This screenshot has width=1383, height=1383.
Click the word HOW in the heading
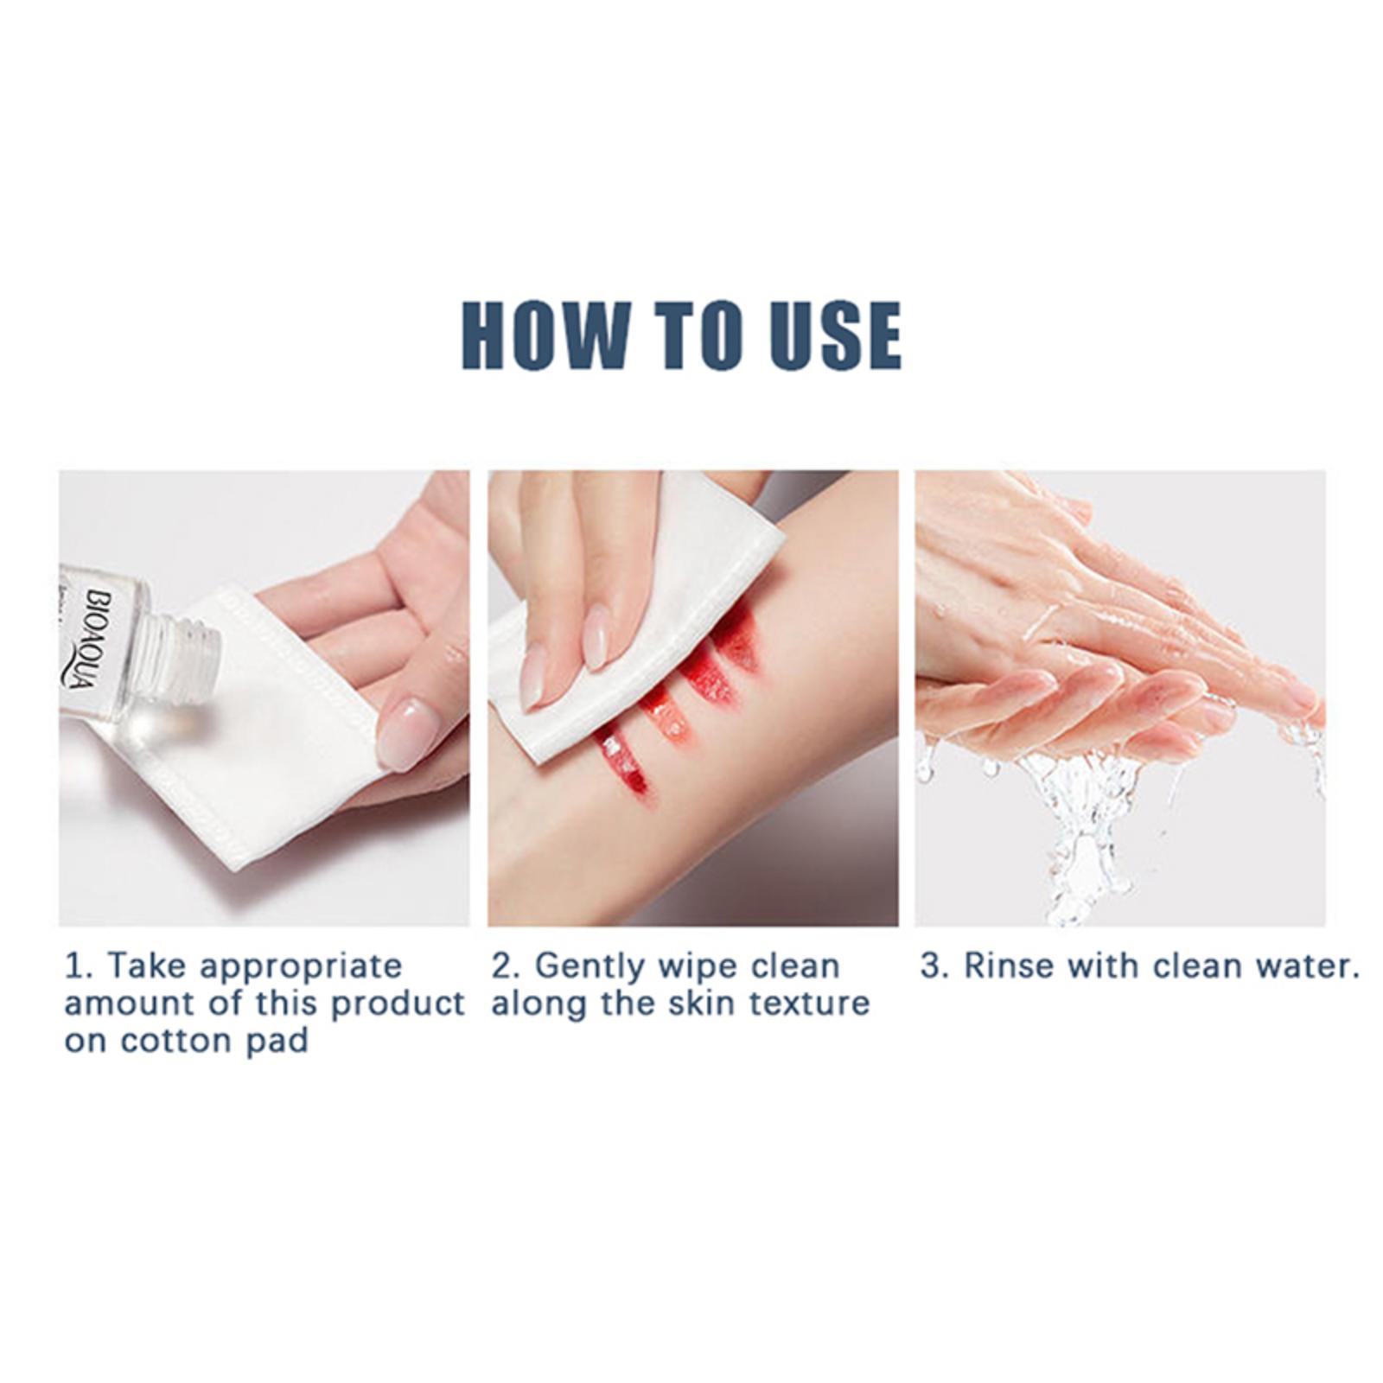point(546,335)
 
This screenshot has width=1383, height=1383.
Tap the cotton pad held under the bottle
point(259,735)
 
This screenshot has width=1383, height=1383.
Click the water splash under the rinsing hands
point(1080,821)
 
